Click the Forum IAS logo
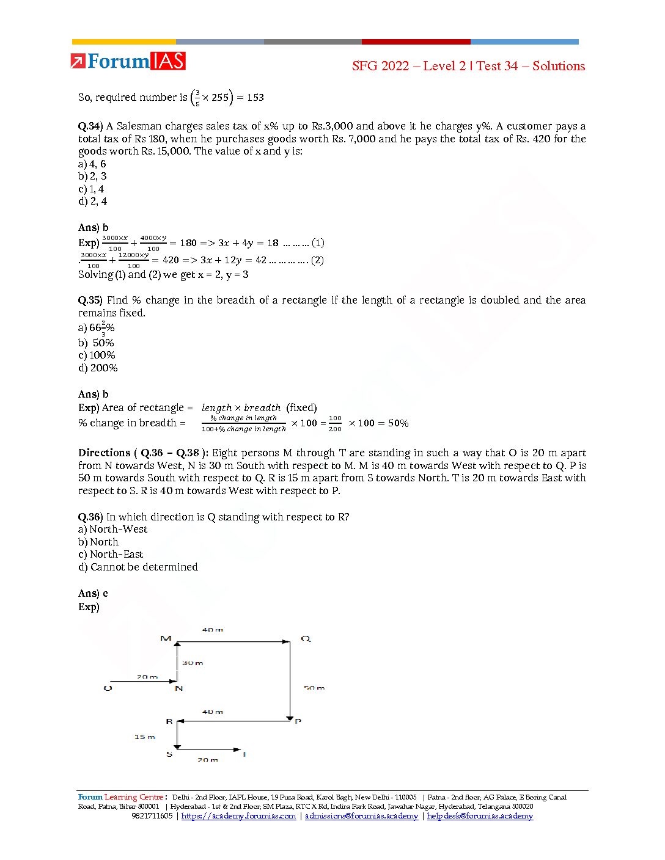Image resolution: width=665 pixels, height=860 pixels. point(128,61)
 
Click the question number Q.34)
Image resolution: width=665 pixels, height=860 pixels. point(90,126)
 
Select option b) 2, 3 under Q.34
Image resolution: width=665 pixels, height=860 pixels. point(92,176)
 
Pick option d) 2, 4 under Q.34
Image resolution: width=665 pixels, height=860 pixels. point(92,201)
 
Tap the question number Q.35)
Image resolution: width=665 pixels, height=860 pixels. point(90,301)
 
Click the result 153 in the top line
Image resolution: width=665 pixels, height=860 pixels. point(255,97)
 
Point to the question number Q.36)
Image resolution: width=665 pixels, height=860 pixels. point(90,517)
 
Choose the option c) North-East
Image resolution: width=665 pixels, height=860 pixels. point(111,555)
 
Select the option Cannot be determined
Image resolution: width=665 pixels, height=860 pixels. point(144,567)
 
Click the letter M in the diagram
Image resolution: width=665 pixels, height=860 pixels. point(166,638)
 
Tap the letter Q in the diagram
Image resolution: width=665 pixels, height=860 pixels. point(306,639)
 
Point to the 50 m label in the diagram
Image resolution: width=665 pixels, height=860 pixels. point(314,688)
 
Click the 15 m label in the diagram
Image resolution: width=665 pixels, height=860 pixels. point(145,737)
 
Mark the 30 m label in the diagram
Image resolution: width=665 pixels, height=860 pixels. point(193,663)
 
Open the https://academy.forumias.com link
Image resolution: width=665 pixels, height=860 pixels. point(238,816)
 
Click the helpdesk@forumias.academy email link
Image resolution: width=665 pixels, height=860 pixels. point(480,816)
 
